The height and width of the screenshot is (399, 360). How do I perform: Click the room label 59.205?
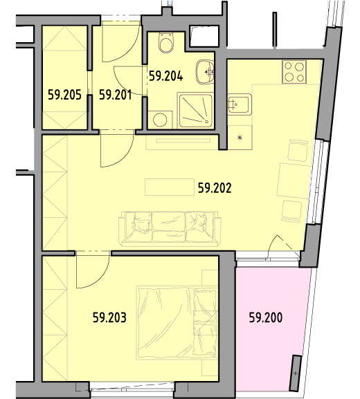click(64, 95)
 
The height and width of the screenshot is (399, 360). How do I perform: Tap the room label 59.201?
click(116, 95)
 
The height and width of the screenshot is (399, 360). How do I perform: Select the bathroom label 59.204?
click(166, 76)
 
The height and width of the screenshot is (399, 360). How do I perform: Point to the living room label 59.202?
click(215, 188)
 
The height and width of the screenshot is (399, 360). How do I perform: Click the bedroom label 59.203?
click(109, 317)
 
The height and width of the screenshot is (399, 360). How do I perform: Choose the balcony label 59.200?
click(266, 317)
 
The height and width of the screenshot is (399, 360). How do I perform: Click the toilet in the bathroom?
click(167, 43)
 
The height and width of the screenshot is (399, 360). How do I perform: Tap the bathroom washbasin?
click(205, 73)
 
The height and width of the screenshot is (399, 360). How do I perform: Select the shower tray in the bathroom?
click(195, 111)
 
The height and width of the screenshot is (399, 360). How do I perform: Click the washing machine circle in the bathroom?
click(160, 120)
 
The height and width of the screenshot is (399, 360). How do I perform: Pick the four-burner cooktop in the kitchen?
click(294, 72)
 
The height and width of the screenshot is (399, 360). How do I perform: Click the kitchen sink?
click(240, 104)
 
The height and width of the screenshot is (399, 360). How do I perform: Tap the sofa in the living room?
click(170, 229)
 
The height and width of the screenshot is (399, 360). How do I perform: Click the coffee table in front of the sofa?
click(170, 187)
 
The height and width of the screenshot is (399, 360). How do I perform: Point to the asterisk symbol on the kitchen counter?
click(240, 138)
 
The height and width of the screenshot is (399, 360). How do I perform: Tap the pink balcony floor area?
click(270, 331)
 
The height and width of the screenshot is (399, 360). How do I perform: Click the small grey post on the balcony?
click(296, 373)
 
